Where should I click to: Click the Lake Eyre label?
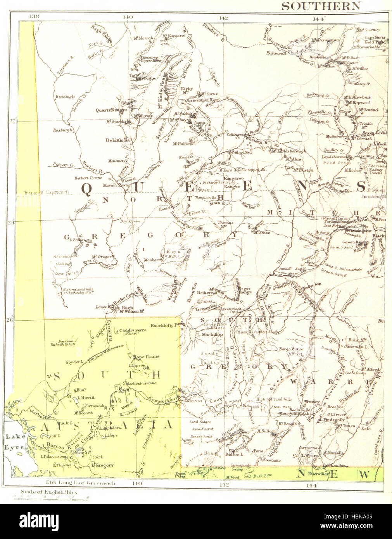(13, 442)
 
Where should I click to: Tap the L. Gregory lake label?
(102, 465)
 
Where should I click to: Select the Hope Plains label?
(146, 356)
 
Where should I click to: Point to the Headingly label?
(64, 97)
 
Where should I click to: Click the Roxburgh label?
(62, 130)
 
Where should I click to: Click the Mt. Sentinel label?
(368, 110)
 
